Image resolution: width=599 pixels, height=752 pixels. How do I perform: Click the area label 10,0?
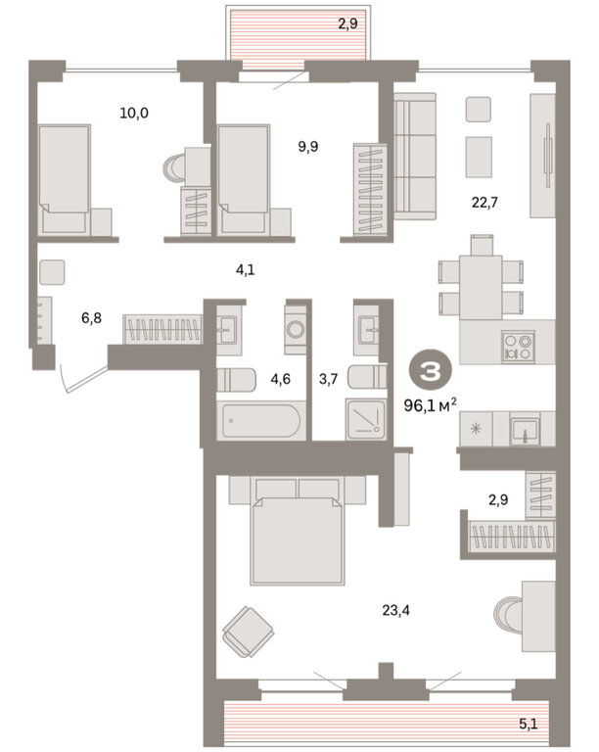pyautogui.click(x=134, y=114)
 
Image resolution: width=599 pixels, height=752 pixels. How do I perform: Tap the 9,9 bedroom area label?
pyautogui.click(x=308, y=146)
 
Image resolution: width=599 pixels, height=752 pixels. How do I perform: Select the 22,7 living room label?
pyautogui.click(x=484, y=203)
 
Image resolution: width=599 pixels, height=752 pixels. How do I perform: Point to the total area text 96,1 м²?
pyautogui.click(x=430, y=405)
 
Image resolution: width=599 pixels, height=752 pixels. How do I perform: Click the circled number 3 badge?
pyautogui.click(x=430, y=371)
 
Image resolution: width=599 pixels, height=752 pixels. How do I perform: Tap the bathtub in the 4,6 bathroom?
pyautogui.click(x=261, y=421)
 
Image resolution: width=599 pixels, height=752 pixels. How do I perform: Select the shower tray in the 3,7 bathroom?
pyautogui.click(x=366, y=419)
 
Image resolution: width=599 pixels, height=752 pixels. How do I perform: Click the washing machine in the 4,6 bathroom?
pyautogui.click(x=296, y=329)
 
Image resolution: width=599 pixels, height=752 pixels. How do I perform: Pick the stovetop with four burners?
pyautogui.click(x=518, y=348)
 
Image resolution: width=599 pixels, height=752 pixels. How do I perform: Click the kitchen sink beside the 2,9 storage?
pyautogui.click(x=525, y=431)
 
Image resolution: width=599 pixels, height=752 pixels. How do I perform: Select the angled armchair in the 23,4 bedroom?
pyautogui.click(x=249, y=632)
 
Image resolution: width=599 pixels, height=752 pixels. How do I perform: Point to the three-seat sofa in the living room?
pyautogui.click(x=415, y=157)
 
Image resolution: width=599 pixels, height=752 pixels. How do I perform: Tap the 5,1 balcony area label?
pyautogui.click(x=529, y=724)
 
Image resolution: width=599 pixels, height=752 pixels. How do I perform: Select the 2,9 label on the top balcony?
pyautogui.click(x=347, y=23)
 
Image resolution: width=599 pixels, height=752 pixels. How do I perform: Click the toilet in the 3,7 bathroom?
pyautogui.click(x=367, y=377)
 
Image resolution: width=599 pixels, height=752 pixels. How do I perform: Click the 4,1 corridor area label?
pyautogui.click(x=246, y=270)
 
